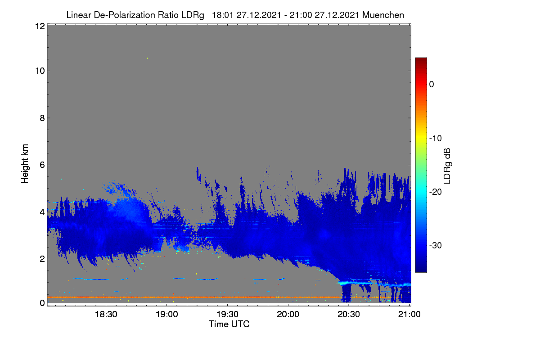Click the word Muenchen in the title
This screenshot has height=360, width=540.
[383, 15]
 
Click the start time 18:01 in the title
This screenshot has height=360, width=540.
[223, 15]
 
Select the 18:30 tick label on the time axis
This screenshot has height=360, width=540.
[106, 314]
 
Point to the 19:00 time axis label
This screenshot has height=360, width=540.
[166, 314]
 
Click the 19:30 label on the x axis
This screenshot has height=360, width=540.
[227, 314]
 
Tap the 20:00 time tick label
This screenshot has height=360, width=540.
[288, 314]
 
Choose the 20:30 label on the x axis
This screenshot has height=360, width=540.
[349, 314]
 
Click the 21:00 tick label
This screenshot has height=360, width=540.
[409, 314]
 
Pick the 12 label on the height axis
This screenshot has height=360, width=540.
[40, 26]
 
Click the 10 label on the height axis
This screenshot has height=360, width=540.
[40, 71]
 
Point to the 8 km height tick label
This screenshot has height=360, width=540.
[42, 118]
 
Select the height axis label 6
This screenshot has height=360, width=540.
[42, 165]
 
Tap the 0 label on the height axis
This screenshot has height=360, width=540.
[42, 303]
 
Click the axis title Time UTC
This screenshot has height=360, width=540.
[229, 324]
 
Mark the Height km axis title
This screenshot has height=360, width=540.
[25, 164]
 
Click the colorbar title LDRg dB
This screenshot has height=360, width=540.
[447, 166]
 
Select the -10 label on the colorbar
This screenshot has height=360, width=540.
[436, 139]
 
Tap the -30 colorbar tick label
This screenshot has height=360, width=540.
[436, 245]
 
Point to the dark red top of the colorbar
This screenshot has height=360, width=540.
[421, 59]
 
